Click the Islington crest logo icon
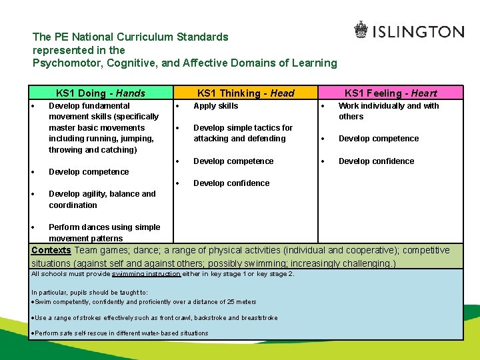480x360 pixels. (361, 30)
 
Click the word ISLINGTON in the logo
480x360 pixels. (418, 31)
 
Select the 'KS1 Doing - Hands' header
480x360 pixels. (100, 93)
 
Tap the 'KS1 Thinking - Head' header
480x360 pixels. (245, 93)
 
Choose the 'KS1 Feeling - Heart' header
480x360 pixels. (390, 93)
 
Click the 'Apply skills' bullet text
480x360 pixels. (215, 105)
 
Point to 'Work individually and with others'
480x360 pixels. (388, 111)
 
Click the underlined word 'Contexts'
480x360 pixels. (51, 251)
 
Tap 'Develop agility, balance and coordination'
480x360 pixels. (101, 199)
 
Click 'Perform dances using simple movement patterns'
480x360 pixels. (104, 233)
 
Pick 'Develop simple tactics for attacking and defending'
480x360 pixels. (243, 133)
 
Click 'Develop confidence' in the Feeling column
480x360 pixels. (376, 161)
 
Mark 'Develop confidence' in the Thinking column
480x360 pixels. (231, 183)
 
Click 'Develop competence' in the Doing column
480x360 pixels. (89, 171)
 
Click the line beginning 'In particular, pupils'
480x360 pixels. (89, 293)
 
